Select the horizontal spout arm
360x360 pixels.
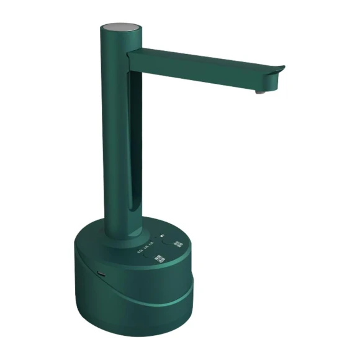click(199, 67)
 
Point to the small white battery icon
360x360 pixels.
click(163, 236)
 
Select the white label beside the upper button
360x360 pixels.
click(177, 245)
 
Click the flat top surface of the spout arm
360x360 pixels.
click(205, 58)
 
